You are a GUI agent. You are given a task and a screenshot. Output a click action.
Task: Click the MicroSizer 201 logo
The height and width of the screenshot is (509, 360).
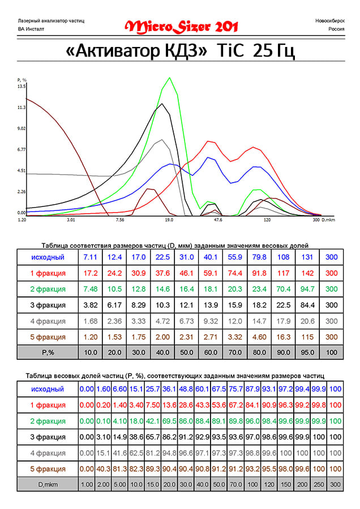click(x=181, y=26)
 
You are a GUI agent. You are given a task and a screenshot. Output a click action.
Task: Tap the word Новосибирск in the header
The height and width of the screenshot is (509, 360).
click(x=329, y=20)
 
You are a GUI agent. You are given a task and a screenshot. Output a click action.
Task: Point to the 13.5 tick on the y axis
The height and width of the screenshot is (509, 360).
click(x=22, y=87)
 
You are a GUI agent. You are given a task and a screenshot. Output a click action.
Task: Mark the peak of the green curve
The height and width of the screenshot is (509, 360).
click(x=169, y=78)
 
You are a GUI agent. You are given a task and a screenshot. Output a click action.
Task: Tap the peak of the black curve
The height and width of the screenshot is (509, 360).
click(x=163, y=103)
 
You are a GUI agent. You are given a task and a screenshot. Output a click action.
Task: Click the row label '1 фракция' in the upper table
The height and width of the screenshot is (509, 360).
click(x=48, y=273)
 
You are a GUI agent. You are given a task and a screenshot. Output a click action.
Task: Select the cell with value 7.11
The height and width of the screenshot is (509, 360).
click(x=90, y=257)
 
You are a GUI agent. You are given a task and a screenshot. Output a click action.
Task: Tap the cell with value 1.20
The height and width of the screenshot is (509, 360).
click(x=90, y=337)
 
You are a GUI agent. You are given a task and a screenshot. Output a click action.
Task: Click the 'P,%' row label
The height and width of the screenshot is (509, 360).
click(x=48, y=353)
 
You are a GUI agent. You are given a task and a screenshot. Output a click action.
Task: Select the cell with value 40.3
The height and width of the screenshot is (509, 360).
click(x=101, y=469)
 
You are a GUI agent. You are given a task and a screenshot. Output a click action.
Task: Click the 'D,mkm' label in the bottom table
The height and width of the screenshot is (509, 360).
click(x=48, y=485)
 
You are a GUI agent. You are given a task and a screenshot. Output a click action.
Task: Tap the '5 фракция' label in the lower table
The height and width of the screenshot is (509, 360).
click(x=48, y=469)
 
